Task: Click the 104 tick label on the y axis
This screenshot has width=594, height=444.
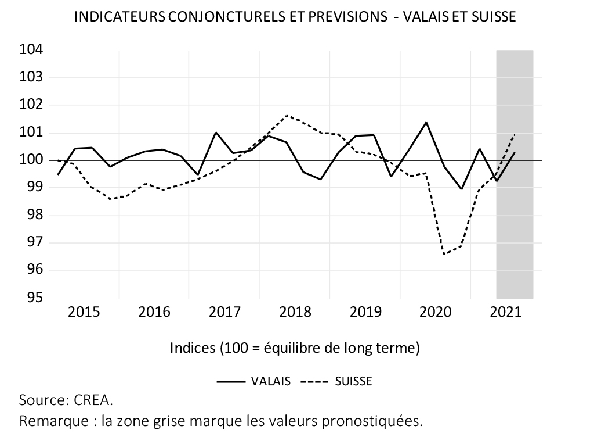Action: [31, 50]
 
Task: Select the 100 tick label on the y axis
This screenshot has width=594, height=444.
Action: [31, 160]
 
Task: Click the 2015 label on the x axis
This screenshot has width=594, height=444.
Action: [84, 312]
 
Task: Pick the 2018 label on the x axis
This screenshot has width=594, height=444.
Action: [295, 312]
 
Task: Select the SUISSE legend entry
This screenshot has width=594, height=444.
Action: [353, 381]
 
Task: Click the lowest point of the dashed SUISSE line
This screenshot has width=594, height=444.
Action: [444, 255]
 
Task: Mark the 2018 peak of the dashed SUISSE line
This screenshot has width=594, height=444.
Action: [287, 115]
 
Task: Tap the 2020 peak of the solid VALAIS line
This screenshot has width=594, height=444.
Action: [426, 122]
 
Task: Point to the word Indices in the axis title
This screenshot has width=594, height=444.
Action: [193, 348]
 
